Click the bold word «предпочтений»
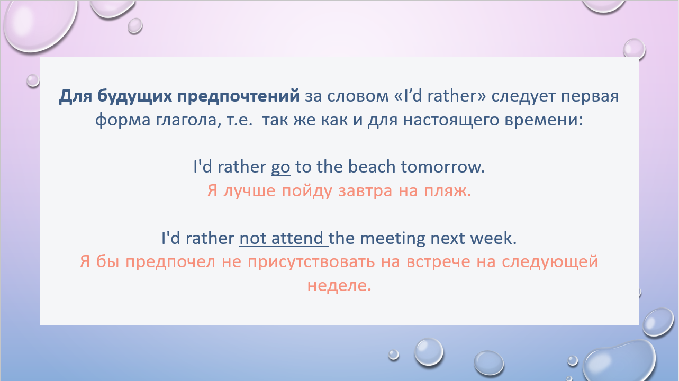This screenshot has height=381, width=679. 238,96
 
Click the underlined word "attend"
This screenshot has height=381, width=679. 297,238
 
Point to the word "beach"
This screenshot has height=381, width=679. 372,167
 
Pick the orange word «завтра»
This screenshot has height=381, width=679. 365,192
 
